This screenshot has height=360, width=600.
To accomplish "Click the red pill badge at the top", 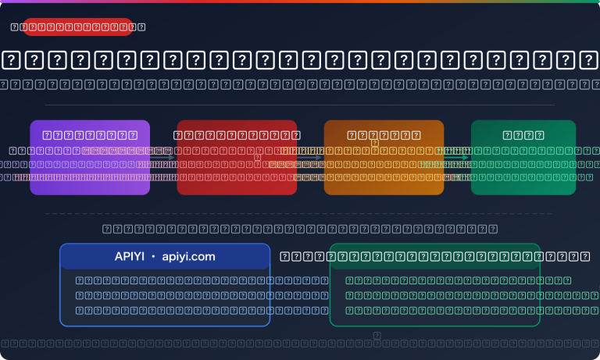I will (x=77, y=27).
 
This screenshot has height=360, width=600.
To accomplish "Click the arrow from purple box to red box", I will (x=163, y=158).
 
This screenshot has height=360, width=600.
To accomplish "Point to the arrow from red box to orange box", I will (x=310, y=158).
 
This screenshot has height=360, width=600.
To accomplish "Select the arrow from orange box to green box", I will (x=457, y=158).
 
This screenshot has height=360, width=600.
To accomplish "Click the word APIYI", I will (x=130, y=256).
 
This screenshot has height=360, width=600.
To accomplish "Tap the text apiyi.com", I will (x=188, y=256).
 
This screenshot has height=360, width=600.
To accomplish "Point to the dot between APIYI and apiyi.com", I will (x=153, y=256).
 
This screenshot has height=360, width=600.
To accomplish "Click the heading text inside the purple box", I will (x=90, y=135).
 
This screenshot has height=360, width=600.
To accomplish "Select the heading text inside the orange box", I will (x=384, y=135).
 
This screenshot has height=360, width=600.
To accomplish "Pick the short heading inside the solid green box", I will (x=523, y=135).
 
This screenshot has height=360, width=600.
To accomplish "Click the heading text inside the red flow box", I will (x=237, y=135).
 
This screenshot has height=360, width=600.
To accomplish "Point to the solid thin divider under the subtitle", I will (x=299, y=105).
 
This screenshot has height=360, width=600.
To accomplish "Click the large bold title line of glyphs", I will (x=299, y=60).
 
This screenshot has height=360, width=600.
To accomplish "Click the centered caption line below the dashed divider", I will (x=299, y=229).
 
